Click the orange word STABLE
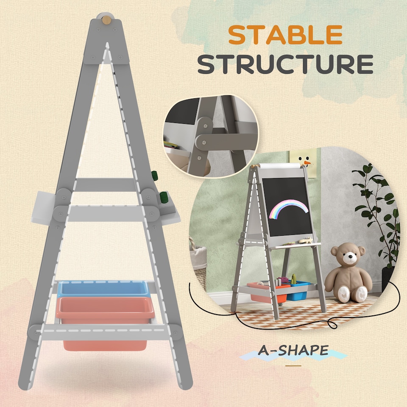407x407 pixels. click(285, 35)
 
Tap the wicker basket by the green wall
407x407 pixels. click(198, 259)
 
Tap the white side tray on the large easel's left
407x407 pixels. click(42, 208)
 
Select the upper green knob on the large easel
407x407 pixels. click(154, 176)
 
